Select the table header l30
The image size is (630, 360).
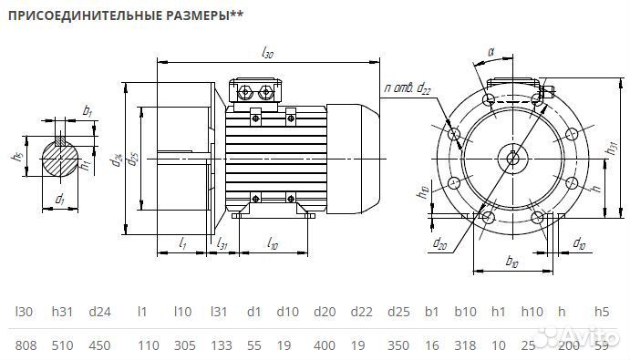tap(25, 311)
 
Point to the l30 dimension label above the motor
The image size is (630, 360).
tap(267, 55)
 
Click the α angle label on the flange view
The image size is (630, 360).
tap(491, 52)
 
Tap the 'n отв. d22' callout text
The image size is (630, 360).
tap(408, 87)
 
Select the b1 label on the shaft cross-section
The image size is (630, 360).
tap(87, 111)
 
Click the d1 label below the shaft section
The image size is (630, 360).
tap(59, 198)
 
